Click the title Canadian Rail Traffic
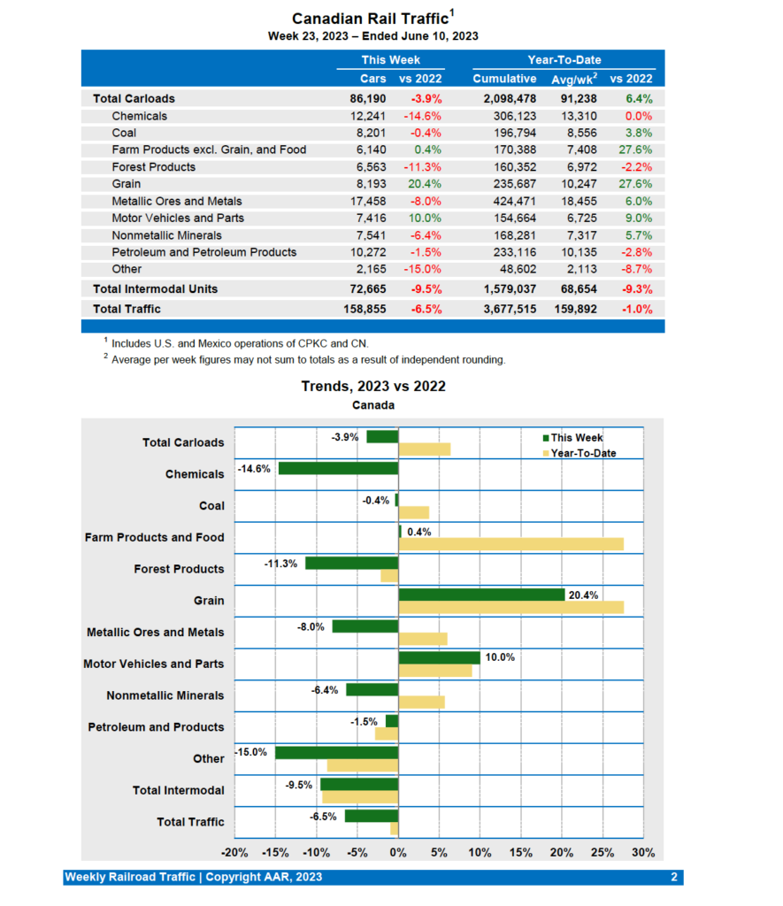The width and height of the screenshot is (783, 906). click(x=369, y=19)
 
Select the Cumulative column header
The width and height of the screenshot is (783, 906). click(x=504, y=79)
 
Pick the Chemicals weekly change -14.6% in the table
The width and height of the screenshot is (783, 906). click(x=423, y=116)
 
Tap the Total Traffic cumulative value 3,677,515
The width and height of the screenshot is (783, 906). click(x=504, y=309)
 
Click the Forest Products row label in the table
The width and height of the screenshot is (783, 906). click(x=154, y=167)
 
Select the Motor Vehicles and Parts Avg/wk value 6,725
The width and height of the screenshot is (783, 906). click(x=579, y=218)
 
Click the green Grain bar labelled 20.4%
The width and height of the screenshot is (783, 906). click(x=481, y=595)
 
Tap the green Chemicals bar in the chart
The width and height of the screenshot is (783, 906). click(x=338, y=468)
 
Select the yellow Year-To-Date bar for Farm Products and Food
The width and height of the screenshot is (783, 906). click(x=510, y=544)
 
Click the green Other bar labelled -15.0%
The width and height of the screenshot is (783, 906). click(x=336, y=753)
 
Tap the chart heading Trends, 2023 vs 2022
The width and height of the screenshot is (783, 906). click(x=373, y=386)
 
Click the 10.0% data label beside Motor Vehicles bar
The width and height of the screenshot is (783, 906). click(x=500, y=656)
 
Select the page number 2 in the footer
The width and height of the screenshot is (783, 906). click(x=673, y=877)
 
